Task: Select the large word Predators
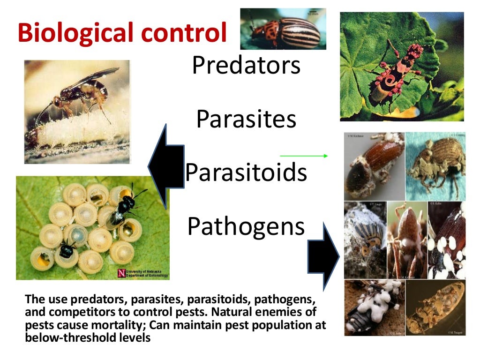point(246,66)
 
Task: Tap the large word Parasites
point(246,119)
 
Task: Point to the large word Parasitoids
point(246,172)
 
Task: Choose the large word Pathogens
point(246,226)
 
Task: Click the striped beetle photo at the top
point(283,29)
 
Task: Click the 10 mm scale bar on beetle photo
point(312,13)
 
